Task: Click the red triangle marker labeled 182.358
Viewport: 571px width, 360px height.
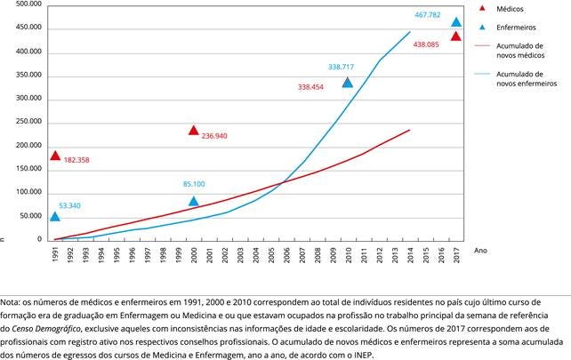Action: click(x=55, y=156)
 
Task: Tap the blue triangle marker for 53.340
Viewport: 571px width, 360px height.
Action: click(x=55, y=217)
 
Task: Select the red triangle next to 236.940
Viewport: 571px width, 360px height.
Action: click(x=193, y=131)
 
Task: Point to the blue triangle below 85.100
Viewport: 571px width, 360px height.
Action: click(x=193, y=202)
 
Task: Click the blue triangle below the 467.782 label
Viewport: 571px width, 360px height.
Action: click(x=456, y=22)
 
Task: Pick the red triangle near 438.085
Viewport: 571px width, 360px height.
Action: click(x=456, y=36)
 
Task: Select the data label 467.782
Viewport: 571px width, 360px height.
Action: click(x=430, y=15)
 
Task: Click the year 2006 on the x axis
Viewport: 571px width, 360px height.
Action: click(x=285, y=256)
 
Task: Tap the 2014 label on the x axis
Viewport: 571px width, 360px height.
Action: click(x=409, y=256)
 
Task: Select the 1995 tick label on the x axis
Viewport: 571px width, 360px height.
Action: click(x=117, y=256)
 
